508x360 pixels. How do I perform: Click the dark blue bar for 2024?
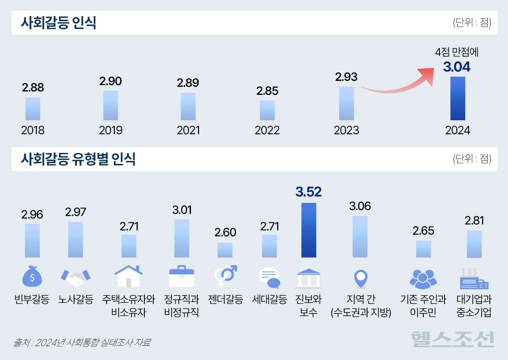coord(458,99)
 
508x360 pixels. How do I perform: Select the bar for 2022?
coord(267,110)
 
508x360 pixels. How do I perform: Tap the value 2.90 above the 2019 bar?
coord(110,81)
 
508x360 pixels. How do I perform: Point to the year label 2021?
coord(188,130)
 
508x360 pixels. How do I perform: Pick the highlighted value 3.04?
coord(457,67)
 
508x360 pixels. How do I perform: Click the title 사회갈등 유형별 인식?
coord(78,159)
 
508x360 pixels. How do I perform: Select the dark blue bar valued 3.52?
coord(309,230)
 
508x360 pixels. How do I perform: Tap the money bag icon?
coord(33,277)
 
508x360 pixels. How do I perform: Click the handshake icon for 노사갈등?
coord(76,277)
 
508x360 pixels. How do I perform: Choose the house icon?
coord(128,277)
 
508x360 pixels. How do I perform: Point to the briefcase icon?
coord(181,277)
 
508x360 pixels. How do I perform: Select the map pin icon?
coord(360,278)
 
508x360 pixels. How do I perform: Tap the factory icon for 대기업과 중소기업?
coord(474,278)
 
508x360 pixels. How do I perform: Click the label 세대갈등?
coord(269,300)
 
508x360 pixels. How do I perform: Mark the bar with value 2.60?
coord(225,250)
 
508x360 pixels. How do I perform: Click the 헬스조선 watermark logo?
coord(453,339)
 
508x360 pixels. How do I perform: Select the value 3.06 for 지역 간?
coord(360,206)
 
